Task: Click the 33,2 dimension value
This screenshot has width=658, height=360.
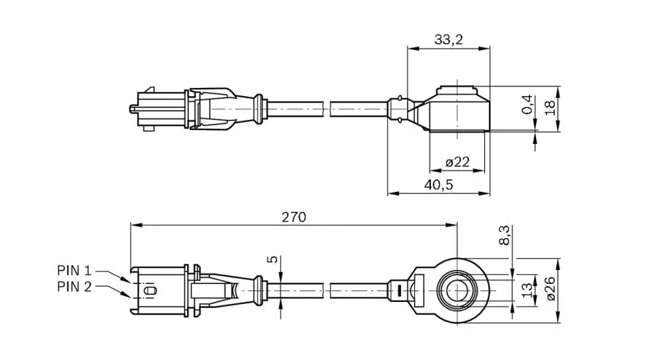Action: [x=448, y=39]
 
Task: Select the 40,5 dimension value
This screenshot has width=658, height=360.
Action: [x=438, y=185]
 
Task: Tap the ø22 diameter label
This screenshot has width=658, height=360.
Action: [x=457, y=162]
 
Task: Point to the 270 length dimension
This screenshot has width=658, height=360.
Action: [x=294, y=217]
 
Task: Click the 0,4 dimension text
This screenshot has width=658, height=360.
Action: [x=527, y=104]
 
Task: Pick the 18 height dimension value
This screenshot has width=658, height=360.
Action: [x=549, y=107]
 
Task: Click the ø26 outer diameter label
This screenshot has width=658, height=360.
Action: [x=551, y=288]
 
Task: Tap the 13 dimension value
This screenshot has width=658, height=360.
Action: [x=528, y=290]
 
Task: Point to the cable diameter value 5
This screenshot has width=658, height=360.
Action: [x=273, y=260]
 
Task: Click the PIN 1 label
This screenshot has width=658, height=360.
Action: [x=74, y=270]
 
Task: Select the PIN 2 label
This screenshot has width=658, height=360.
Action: [x=74, y=287]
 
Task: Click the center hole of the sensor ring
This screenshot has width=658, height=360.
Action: [x=457, y=290]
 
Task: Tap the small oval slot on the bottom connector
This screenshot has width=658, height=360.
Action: [x=150, y=290]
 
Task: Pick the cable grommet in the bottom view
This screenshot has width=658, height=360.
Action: [x=258, y=290]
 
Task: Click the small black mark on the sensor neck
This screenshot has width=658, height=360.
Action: [x=400, y=290]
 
